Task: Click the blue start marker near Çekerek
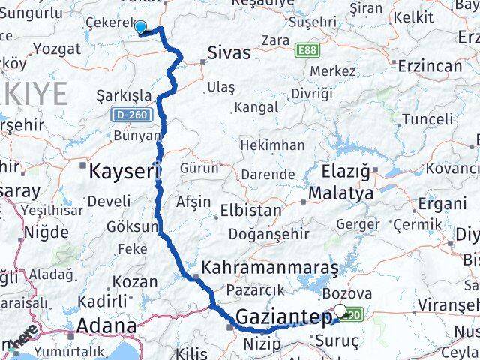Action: click(x=140, y=28)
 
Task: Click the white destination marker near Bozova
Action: click(x=341, y=310)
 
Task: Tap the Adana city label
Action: click(x=105, y=327)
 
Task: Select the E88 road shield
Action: click(x=306, y=50)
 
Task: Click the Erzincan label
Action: click(x=431, y=66)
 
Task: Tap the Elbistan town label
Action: click(x=250, y=211)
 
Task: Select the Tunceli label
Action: click(x=427, y=119)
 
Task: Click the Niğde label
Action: click(x=46, y=232)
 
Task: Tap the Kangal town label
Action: click(x=256, y=107)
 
